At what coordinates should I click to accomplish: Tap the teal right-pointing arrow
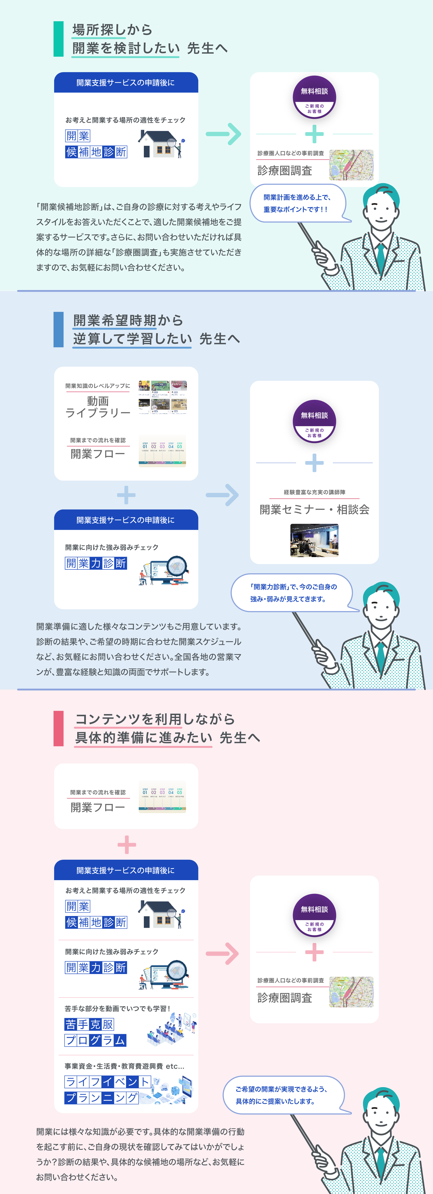click(224, 134)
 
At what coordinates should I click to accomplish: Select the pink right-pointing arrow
click(222, 953)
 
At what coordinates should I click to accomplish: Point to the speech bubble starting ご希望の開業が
click(282, 1095)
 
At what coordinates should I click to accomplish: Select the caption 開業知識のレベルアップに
click(98, 386)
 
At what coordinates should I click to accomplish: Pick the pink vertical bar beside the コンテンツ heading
click(58, 728)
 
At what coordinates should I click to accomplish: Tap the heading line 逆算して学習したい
click(132, 339)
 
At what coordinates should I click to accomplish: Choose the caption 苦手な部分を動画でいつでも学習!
click(117, 1008)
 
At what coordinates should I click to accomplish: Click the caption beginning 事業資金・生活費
click(124, 1066)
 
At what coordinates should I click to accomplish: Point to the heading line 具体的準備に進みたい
click(144, 737)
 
